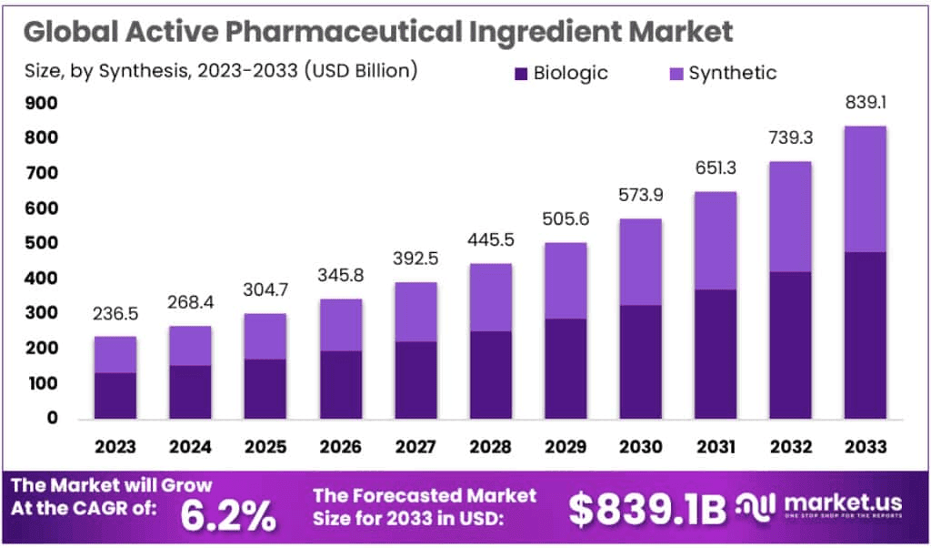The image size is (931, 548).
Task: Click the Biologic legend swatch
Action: coord(520,73)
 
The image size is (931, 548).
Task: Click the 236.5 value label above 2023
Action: coord(115,315)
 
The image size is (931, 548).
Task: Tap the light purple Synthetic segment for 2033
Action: coord(865,188)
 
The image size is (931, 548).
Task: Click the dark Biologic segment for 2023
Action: coord(115,395)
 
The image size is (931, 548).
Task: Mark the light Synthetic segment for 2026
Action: coord(341,325)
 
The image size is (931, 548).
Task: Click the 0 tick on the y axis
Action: coord(52,419)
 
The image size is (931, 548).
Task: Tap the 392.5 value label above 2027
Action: coord(415,259)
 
